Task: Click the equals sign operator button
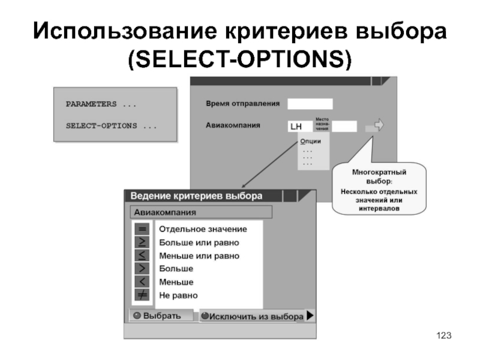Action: [142, 229]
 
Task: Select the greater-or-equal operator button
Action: [142, 242]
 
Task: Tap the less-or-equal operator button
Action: [142, 256]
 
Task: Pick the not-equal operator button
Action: [142, 295]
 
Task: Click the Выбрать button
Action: [159, 316]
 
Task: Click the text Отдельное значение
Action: [202, 229]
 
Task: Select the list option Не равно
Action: [178, 295]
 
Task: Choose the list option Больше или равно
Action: [199, 242]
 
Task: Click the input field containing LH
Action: [299, 127]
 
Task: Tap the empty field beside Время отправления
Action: [310, 104]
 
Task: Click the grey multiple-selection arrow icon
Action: [375, 126]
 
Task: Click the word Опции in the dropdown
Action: [311, 141]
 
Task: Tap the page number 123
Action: [443, 335]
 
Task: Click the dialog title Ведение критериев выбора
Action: [196, 196]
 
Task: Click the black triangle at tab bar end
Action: [310, 316]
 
